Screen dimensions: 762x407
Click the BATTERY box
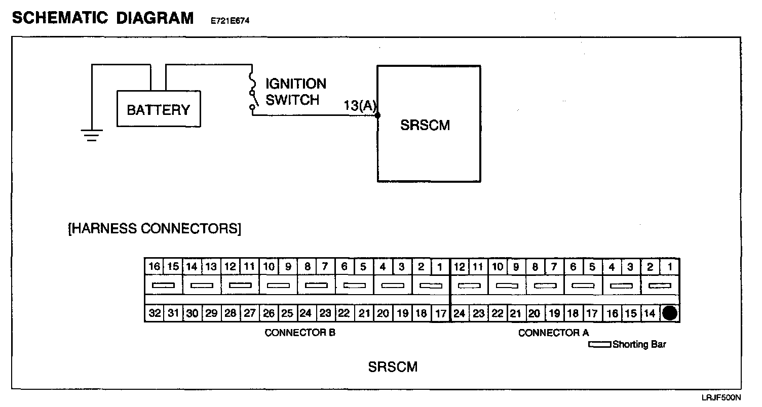[x=159, y=109]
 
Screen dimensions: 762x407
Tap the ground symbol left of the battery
[x=92, y=135]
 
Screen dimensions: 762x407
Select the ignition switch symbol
[x=252, y=92]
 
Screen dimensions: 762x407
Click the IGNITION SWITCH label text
[x=296, y=91]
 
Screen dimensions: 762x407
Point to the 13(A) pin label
[x=360, y=106]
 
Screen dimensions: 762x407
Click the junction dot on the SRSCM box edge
[x=378, y=115]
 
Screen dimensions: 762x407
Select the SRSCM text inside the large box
[x=425, y=125]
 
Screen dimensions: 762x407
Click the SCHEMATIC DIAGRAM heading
[x=102, y=18]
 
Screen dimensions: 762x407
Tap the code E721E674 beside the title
[x=231, y=21]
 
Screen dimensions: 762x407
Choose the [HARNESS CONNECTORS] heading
[x=155, y=228]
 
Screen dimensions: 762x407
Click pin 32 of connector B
[x=155, y=313]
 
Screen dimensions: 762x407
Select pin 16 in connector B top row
[x=155, y=267]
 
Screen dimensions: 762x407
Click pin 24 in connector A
[x=460, y=313]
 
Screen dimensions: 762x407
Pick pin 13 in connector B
[x=211, y=267]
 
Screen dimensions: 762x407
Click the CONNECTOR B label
[x=300, y=333]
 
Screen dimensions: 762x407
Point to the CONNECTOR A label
[x=553, y=333]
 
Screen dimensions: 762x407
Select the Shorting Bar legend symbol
[x=600, y=345]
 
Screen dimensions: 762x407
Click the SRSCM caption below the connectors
[x=393, y=367]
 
